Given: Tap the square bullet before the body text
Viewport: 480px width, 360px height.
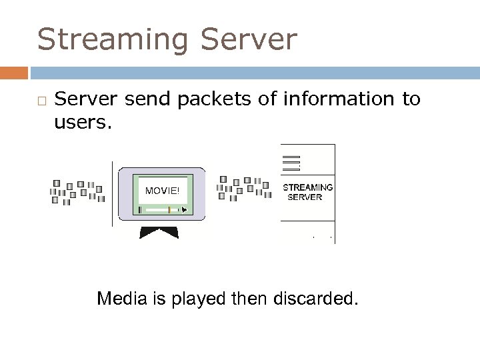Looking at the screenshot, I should [x=41, y=100].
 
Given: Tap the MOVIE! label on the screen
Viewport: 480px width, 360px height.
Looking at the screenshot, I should [x=162, y=190].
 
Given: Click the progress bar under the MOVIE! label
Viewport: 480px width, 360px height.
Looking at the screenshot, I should [x=162, y=209].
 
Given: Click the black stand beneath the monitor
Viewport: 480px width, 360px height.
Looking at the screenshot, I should [x=159, y=231].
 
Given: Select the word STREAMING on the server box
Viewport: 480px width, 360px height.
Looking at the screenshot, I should [x=308, y=187].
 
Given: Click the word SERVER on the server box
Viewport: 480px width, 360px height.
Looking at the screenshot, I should [x=305, y=197].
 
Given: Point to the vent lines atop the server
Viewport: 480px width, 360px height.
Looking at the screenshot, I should [x=291, y=162].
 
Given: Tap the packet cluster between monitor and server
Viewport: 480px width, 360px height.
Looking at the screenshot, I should [x=244, y=189].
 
